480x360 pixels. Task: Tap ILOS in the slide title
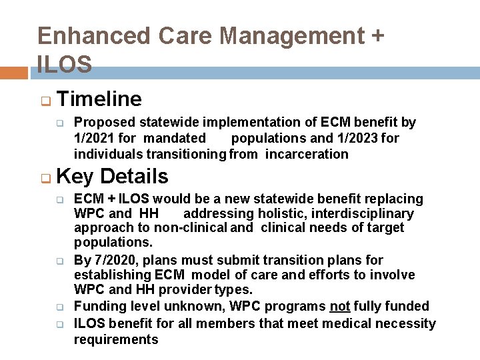coord(65,64)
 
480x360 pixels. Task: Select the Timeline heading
coord(99,99)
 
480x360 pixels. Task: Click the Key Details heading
coord(113,177)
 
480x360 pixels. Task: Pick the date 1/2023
coord(353,139)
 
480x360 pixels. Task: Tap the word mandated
coord(175,139)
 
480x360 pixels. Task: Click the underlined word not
coord(339,307)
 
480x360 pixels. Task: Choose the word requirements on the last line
coord(116,340)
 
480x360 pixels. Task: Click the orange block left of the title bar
coord(14,73)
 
